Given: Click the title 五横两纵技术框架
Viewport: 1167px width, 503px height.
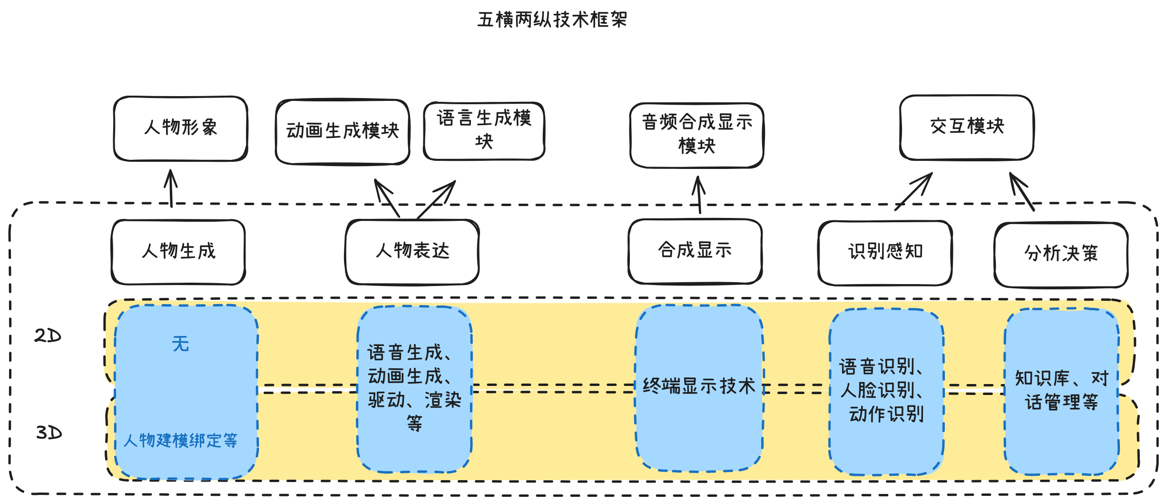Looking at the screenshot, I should coord(552,20).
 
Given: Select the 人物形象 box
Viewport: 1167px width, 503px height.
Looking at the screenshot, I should coord(181,128).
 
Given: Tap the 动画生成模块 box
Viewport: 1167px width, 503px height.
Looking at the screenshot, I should coord(343,132).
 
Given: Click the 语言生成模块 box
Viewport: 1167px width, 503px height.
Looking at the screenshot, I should coord(484,130).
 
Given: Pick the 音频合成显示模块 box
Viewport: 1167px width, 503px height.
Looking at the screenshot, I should coord(697,135).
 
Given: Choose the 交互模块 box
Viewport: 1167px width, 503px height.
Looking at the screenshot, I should coord(967,127).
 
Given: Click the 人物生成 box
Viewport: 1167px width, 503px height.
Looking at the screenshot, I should coord(178,252).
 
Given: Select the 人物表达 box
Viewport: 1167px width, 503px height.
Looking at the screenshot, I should coord(412,252).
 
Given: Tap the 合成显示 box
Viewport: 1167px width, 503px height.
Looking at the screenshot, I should coord(695,251).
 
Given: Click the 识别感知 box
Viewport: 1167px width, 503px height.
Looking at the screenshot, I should coord(885,252).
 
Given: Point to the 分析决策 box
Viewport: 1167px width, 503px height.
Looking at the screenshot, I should coord(1061,254).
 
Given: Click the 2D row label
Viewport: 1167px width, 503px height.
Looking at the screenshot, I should coord(48,336).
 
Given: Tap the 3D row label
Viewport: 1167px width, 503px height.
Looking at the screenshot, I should coord(49,433).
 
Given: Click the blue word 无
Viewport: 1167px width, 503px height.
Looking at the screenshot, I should coord(180,344).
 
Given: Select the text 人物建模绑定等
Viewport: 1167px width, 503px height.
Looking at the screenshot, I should coord(180,441).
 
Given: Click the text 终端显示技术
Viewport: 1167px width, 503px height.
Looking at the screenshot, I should coord(699,386).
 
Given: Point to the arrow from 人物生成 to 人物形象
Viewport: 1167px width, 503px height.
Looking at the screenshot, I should coord(171,189).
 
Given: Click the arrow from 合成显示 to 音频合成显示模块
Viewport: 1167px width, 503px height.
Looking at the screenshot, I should coord(699,195).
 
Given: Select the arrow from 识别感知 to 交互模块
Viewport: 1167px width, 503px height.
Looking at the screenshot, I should coord(913,191).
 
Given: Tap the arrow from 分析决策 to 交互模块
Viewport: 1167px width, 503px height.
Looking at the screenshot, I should coord(1022,192).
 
